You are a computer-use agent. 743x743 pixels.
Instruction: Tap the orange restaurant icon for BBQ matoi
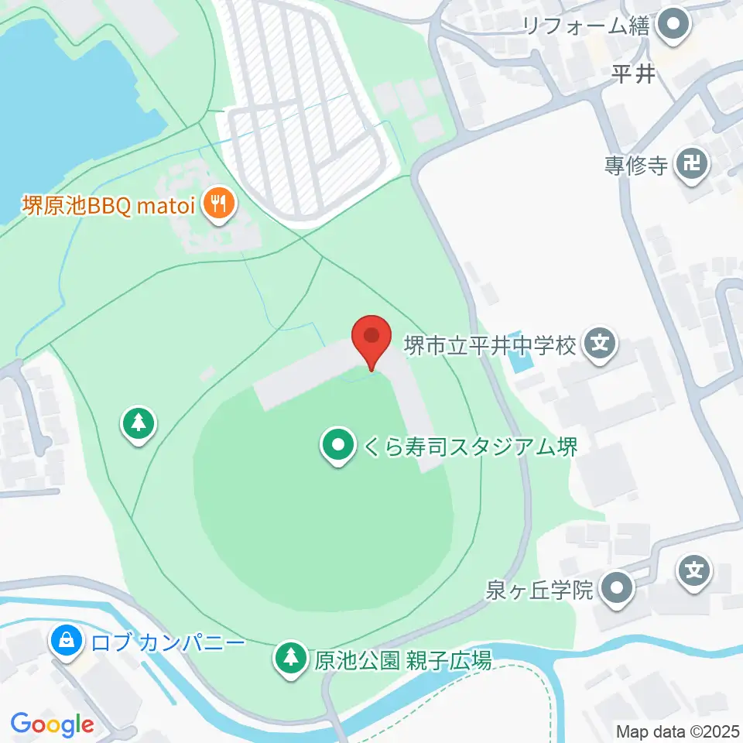click(x=219, y=205)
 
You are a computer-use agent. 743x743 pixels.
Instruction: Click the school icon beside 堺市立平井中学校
click(x=600, y=343)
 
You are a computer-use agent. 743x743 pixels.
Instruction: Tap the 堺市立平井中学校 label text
click(x=491, y=344)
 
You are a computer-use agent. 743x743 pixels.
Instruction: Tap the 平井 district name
click(x=633, y=74)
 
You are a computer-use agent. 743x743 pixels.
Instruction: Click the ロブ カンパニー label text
click(x=168, y=643)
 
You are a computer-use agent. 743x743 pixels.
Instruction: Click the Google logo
click(x=52, y=724)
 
